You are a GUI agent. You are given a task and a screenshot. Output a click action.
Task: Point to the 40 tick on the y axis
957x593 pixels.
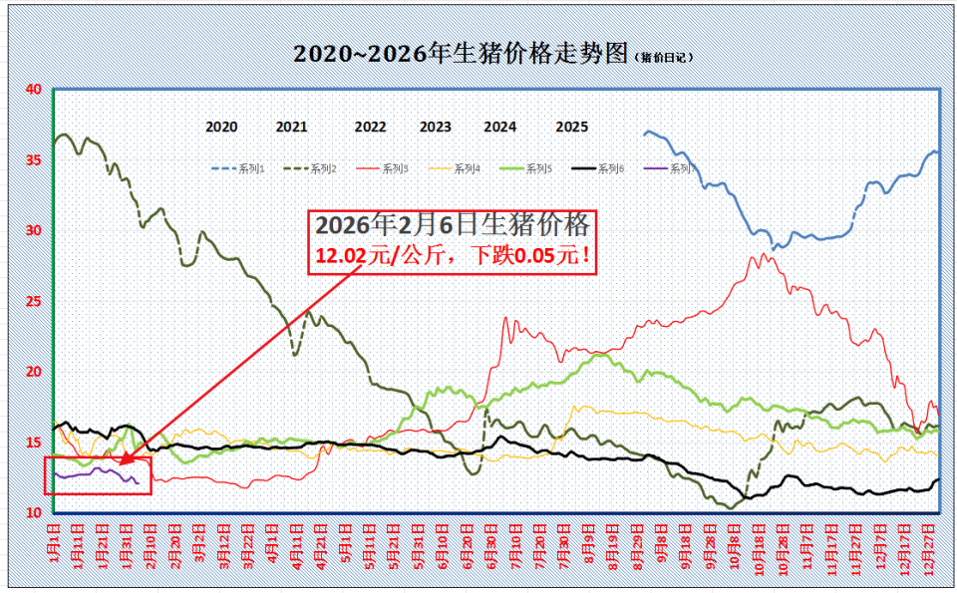[x=33, y=90]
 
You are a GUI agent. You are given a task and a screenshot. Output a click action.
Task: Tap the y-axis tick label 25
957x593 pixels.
[x=33, y=301]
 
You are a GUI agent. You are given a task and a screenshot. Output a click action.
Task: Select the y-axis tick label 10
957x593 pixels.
[x=33, y=512]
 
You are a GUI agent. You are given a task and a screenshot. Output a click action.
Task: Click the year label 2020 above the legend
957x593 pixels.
[x=221, y=127]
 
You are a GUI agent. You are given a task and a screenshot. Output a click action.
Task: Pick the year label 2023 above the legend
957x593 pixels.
[x=436, y=127]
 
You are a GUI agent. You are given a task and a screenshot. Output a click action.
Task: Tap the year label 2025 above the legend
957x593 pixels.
[x=572, y=127]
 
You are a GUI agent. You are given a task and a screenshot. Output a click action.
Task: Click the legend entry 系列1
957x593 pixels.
[x=251, y=169]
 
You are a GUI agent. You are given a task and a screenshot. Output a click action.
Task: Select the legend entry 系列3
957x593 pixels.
[x=395, y=169]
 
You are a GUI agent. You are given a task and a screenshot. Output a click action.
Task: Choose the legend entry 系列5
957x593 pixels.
[x=538, y=169]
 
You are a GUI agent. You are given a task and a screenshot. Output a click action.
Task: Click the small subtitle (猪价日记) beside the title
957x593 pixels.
[x=665, y=58]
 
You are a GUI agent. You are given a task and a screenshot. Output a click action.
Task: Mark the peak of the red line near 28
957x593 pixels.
[x=764, y=254]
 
